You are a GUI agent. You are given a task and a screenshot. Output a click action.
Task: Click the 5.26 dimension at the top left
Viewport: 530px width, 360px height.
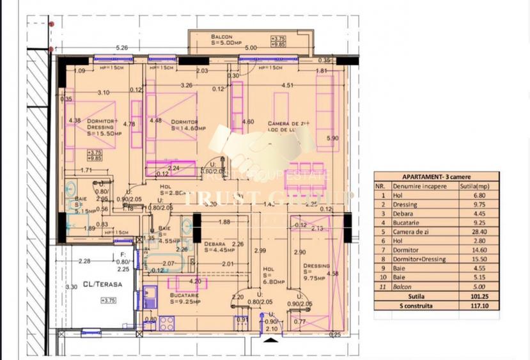122,47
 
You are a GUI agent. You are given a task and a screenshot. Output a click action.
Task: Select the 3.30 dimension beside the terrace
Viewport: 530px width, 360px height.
72,287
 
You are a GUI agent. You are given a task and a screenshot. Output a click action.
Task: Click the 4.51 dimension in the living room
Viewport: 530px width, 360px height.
288,84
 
